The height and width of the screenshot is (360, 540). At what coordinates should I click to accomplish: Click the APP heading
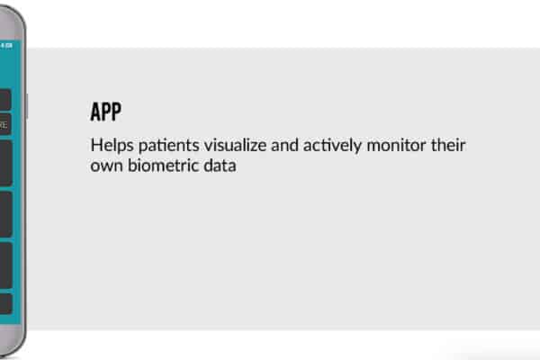click(x=105, y=112)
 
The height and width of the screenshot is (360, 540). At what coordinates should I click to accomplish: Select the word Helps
click(x=112, y=146)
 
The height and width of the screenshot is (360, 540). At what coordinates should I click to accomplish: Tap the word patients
click(x=169, y=146)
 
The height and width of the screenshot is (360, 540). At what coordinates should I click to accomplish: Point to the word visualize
click(x=235, y=145)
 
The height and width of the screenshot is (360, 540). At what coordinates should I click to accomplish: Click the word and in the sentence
click(x=284, y=145)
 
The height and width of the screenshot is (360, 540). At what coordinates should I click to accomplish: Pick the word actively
click(x=332, y=146)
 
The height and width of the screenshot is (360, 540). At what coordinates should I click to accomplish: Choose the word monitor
click(x=396, y=145)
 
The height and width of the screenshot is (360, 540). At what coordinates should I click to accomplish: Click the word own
click(x=106, y=166)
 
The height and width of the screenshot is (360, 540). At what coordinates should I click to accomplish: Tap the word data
click(x=220, y=166)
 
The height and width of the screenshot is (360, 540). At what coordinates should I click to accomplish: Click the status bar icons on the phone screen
click(x=6, y=46)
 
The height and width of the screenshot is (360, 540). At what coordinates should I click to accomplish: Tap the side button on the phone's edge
click(x=27, y=106)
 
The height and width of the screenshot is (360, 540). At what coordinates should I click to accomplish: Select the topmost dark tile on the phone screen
click(x=5, y=99)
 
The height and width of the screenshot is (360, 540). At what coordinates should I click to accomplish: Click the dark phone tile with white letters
click(x=5, y=124)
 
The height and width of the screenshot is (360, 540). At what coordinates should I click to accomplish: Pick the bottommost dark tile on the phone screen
click(x=6, y=303)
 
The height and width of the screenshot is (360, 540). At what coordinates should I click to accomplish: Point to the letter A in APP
click(x=95, y=112)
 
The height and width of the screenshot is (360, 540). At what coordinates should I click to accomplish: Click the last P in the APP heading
click(x=117, y=112)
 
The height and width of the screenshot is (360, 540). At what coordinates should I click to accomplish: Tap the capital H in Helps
click(x=96, y=145)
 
